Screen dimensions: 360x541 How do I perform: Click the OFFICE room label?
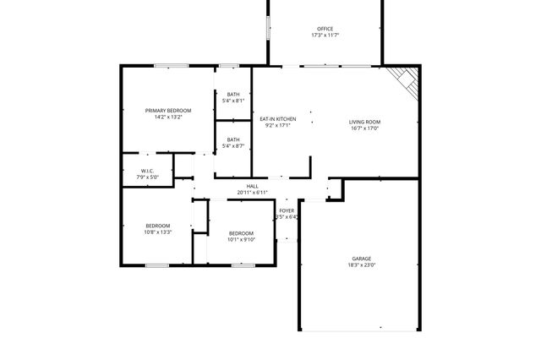point(325,29)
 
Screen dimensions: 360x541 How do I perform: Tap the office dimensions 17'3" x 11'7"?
point(325,35)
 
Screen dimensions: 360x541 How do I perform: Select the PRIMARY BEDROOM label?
point(168,111)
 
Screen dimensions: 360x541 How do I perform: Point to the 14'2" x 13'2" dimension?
point(168,117)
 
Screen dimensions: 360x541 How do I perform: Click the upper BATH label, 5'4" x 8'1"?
point(233,94)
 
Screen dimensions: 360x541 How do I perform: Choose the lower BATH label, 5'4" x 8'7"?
point(233,139)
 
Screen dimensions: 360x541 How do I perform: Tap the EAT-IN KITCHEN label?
point(277,119)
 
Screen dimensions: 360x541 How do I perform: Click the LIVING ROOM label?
point(365,122)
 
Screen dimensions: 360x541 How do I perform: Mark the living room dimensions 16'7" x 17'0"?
point(365,128)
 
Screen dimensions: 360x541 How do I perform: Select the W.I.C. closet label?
point(149,171)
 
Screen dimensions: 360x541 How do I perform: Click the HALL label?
point(252,186)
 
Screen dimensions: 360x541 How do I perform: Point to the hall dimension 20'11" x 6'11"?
point(252,193)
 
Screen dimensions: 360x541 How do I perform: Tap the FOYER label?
point(287,210)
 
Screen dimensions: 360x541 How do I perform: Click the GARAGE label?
point(362,258)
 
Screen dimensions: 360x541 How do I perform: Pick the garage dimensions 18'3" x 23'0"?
point(362,265)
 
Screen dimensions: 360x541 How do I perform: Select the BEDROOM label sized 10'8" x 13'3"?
point(158,225)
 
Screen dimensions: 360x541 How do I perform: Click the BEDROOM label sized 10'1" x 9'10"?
point(241,232)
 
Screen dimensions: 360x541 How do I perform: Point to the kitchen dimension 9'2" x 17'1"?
point(277,126)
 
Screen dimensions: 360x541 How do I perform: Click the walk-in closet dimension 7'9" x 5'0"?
point(149,177)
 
